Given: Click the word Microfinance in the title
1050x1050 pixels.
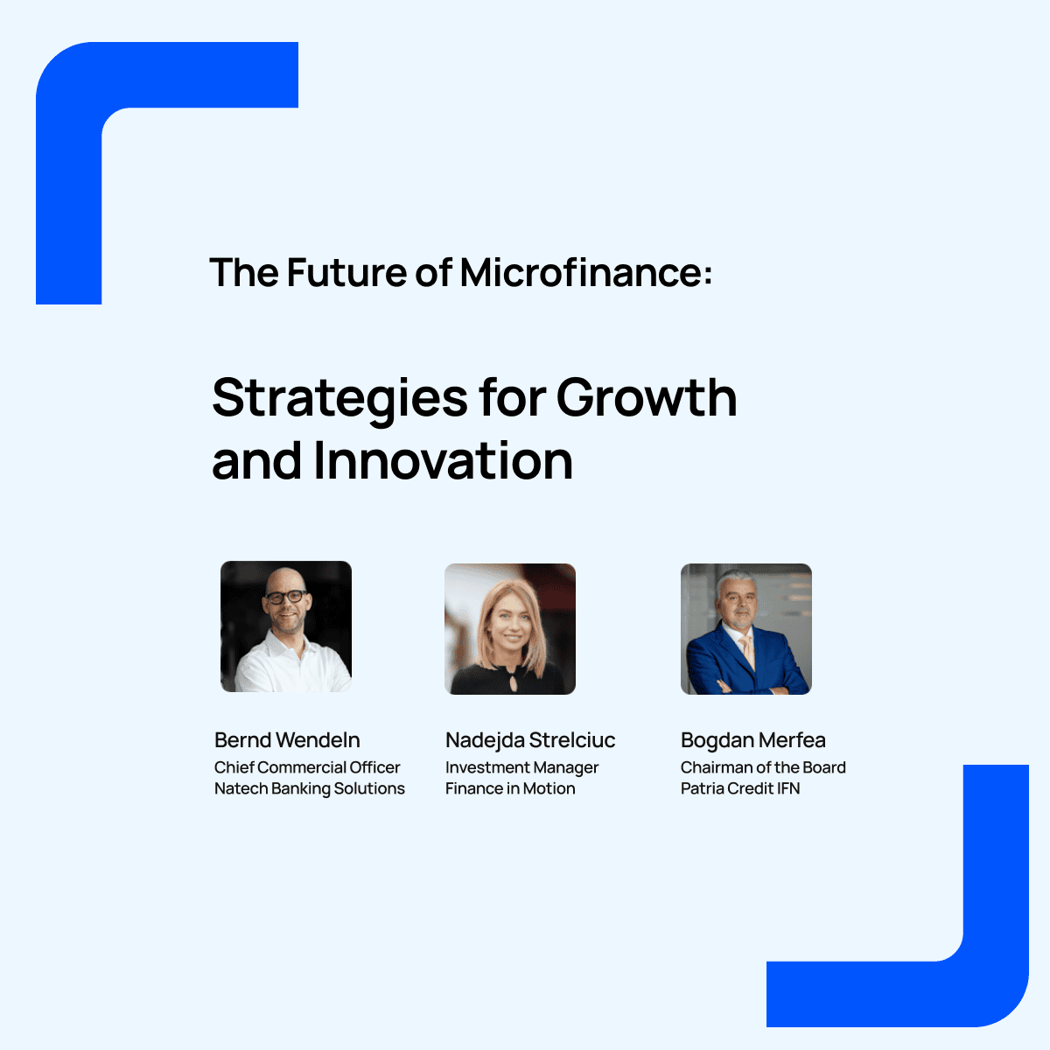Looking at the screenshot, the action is (585, 271).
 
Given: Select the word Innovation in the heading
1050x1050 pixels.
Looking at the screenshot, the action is (444, 461).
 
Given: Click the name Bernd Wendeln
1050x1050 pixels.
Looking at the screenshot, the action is (287, 740).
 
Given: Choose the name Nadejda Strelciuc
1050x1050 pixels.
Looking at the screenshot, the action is (530, 740).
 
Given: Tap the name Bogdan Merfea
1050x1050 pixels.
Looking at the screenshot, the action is (753, 740).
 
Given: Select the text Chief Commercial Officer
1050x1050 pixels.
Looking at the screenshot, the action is (307, 767).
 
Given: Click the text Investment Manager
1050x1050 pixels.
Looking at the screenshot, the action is (522, 767).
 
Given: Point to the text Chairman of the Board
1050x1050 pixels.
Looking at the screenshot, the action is (763, 767).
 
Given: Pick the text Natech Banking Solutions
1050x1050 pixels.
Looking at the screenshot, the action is (310, 788).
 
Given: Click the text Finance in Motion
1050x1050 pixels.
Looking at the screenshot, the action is (510, 788).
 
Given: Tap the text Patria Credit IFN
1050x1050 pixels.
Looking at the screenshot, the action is (740, 788).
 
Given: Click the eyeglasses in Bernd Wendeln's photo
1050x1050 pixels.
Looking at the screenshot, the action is (285, 597).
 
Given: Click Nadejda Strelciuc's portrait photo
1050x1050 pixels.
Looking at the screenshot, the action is (510, 629).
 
